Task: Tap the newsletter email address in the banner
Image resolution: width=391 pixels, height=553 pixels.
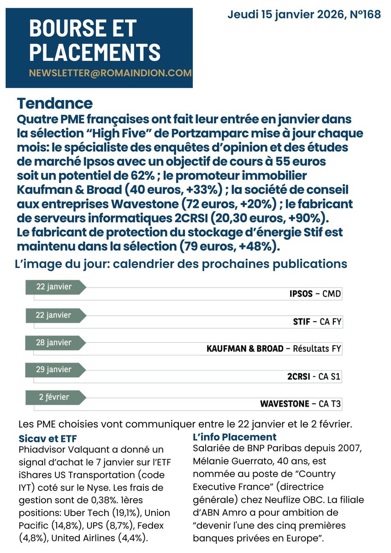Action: point(110,73)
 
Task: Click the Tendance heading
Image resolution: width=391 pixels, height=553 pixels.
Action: point(54,103)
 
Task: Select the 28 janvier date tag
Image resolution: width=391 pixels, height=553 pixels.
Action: point(54,343)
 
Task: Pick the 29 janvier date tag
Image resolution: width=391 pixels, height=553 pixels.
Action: point(54,370)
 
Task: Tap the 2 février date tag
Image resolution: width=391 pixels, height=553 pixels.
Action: point(53,397)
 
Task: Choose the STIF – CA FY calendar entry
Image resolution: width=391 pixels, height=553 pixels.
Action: point(317,322)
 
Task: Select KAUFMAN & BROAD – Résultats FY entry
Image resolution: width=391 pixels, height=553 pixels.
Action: point(274,349)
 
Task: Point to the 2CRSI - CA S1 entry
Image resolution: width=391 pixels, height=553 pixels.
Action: point(314,377)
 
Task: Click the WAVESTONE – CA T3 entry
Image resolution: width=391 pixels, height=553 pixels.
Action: point(301,404)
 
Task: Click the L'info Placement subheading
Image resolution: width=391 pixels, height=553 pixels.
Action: point(234,437)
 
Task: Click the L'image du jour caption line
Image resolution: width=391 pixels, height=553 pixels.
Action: point(181,264)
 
